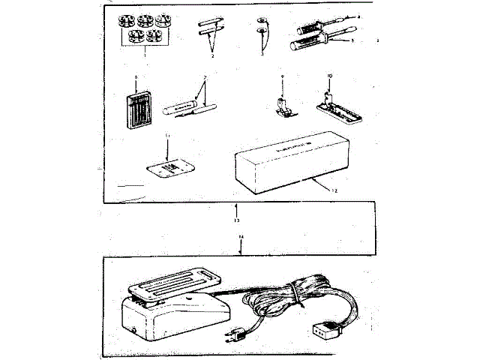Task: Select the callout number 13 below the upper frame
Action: point(237,221)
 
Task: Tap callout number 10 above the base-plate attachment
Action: point(328,76)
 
